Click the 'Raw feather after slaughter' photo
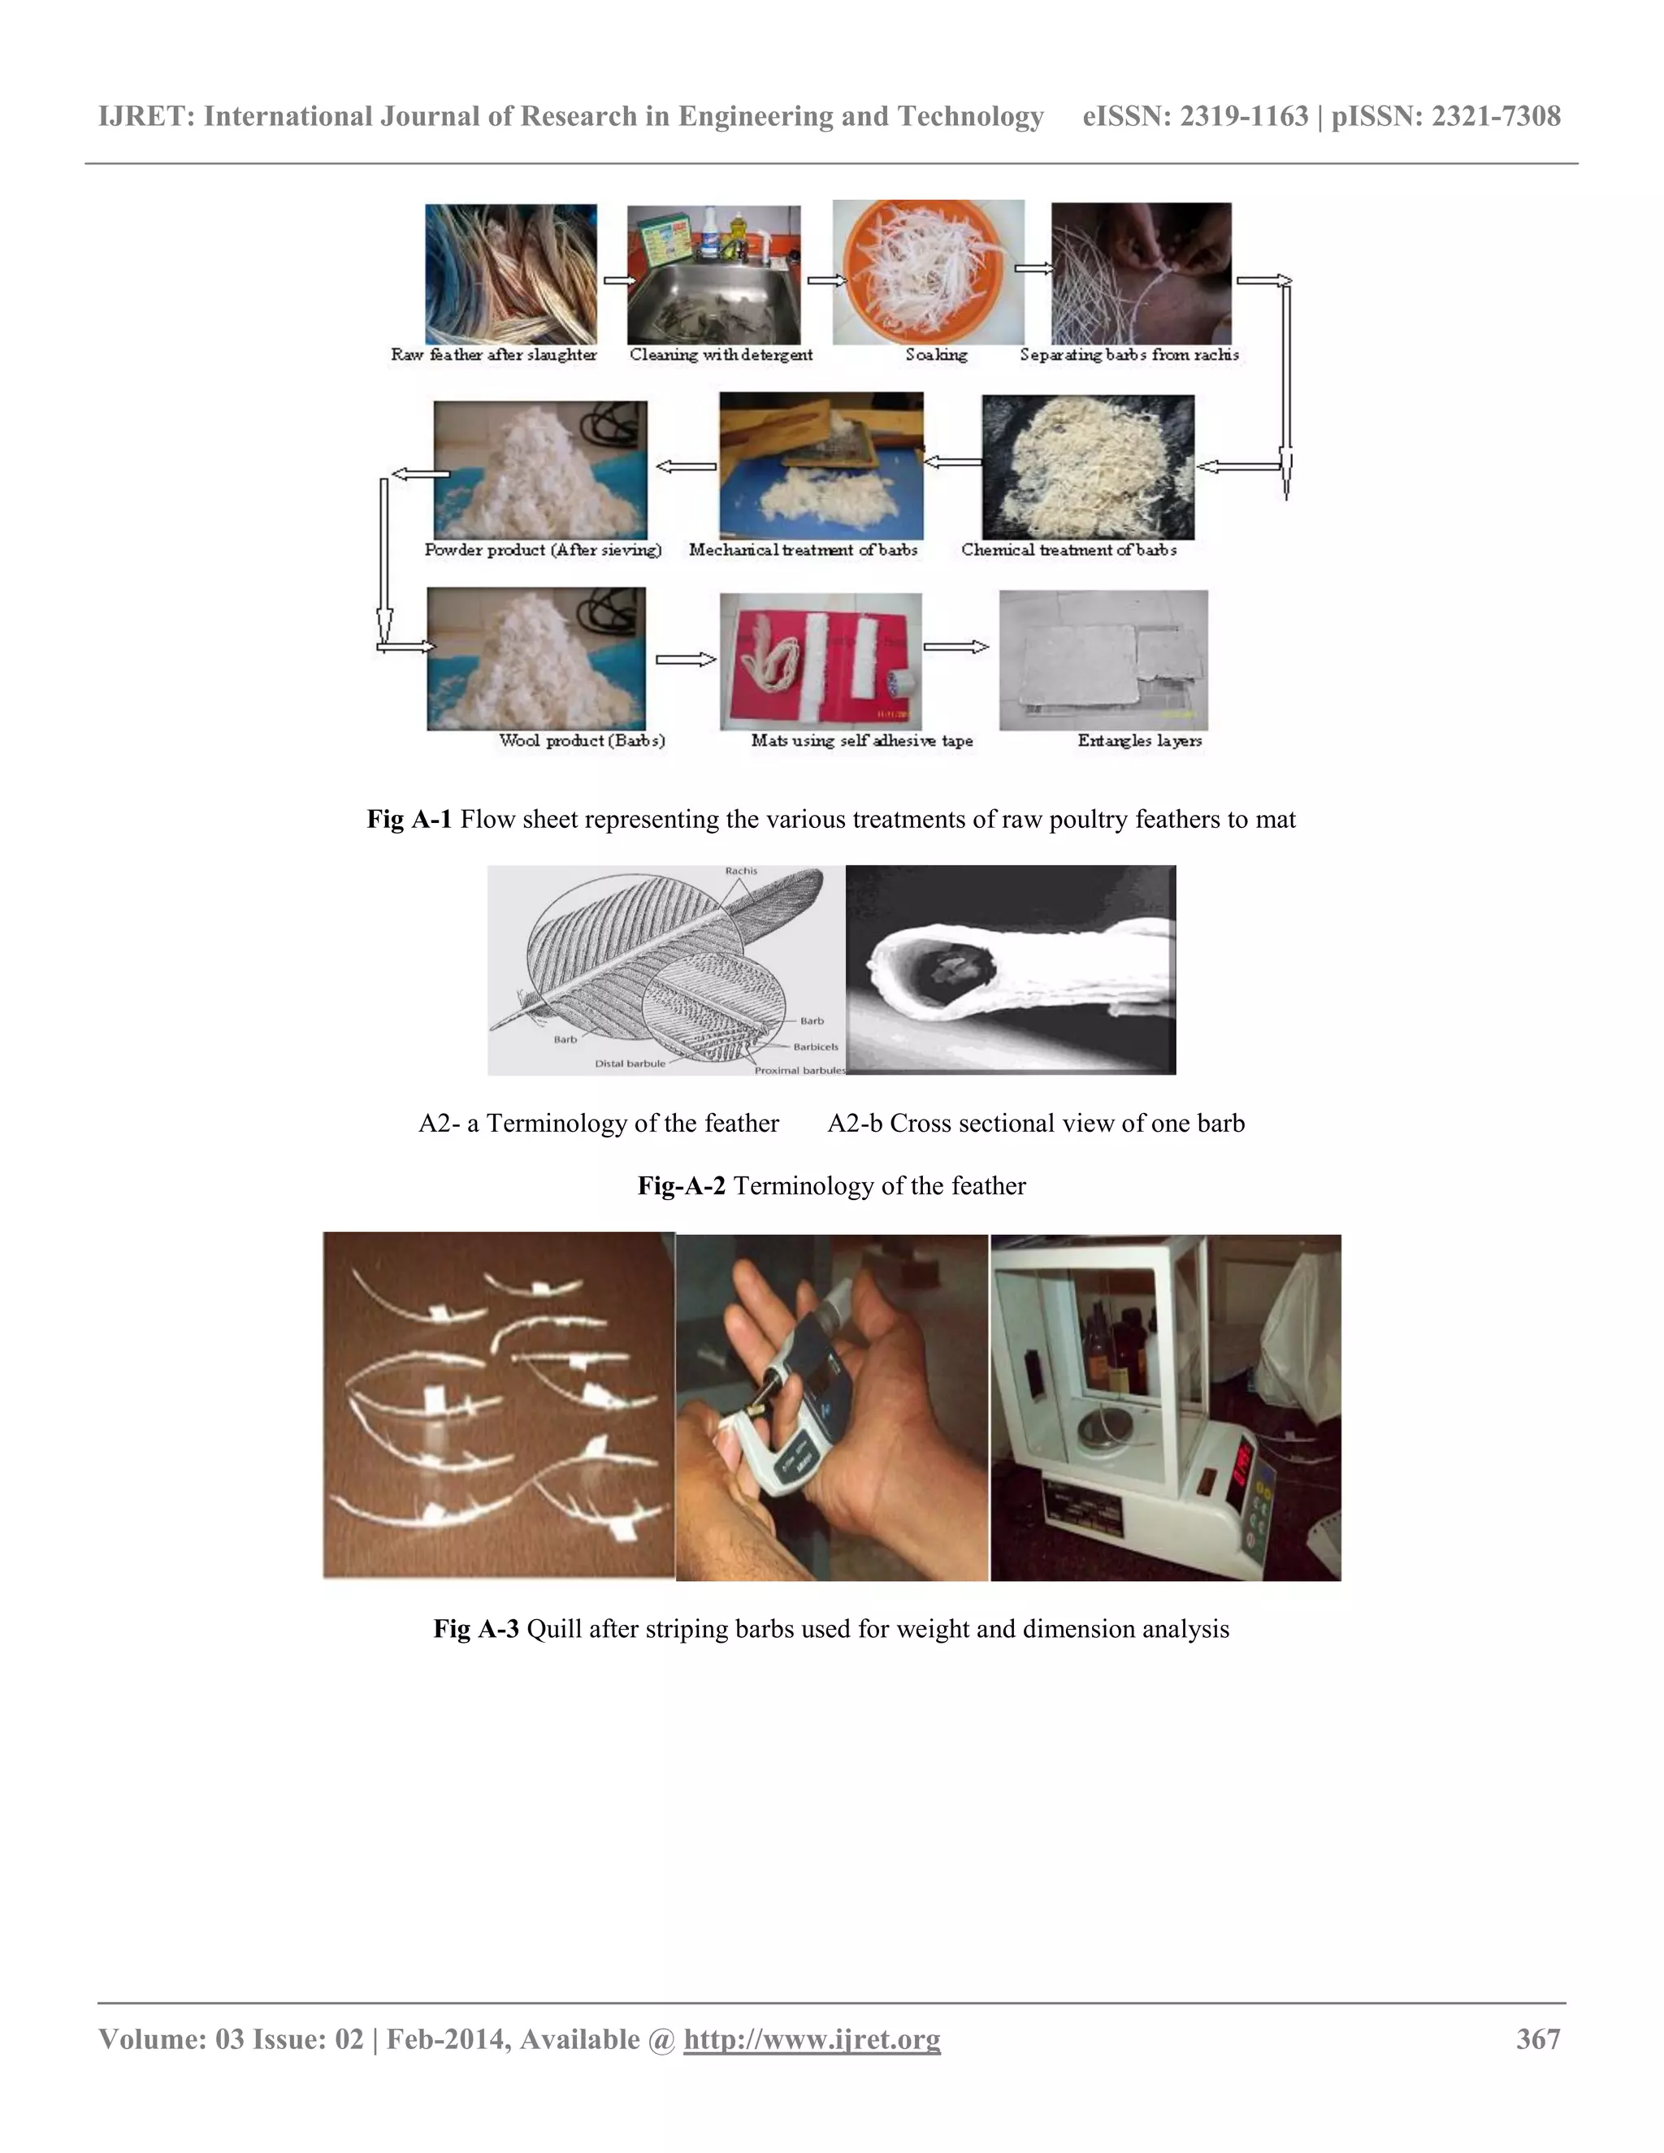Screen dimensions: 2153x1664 510,274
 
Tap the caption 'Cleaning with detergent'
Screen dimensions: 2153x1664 721,355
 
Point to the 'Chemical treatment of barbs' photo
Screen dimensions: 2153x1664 1087,466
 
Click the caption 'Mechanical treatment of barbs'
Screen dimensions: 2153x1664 803,550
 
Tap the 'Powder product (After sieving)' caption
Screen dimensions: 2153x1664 542,550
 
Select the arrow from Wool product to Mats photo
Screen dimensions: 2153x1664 685,660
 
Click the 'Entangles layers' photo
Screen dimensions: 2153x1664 1103,660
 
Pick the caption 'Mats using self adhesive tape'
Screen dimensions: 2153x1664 861,740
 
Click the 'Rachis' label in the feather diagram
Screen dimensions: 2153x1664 741,870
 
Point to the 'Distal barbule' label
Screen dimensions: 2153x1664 629,1064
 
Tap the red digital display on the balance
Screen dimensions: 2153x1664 1243,1460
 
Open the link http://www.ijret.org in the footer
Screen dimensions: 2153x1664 812,2038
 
